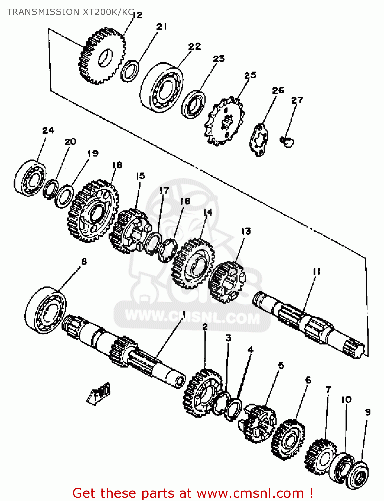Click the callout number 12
pos(137,15)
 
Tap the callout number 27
pos(297,100)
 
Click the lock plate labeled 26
pos(259,140)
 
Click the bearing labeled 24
pos(30,178)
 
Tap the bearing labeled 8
pos(45,310)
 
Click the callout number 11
pos(317,272)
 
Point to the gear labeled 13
pos(227,282)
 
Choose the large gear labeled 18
pos(93,211)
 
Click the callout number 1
pos(184,314)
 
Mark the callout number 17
pos(164,191)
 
